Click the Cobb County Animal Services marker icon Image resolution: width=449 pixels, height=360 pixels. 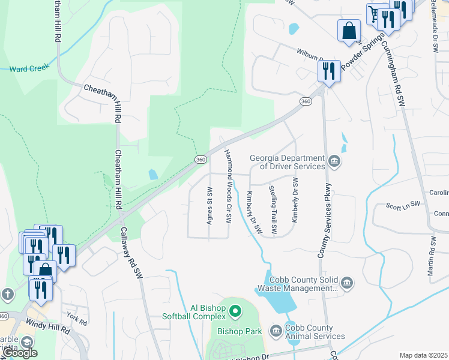click(276, 331)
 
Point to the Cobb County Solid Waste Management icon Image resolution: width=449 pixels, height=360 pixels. click(347, 283)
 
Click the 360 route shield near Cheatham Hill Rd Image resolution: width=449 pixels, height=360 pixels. click(200, 159)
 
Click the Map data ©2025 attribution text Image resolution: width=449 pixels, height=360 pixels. click(423, 355)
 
